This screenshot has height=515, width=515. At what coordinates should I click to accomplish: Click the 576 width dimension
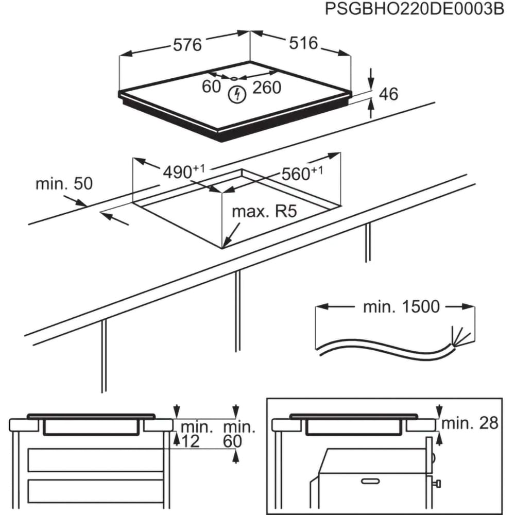(187, 45)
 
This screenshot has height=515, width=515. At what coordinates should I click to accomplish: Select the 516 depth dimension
(303, 43)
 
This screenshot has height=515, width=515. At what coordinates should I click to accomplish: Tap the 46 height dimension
(389, 94)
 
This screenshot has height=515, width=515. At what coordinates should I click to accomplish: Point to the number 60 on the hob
(211, 88)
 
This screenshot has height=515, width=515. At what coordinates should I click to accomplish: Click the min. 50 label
(64, 184)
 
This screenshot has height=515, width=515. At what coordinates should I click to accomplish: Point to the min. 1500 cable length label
(402, 307)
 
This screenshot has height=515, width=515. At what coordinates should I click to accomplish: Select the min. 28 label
(470, 423)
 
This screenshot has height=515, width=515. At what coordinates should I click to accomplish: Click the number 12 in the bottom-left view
(192, 441)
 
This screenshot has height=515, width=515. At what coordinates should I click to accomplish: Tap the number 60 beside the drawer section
(233, 441)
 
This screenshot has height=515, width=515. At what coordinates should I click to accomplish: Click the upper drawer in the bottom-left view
(95, 460)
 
